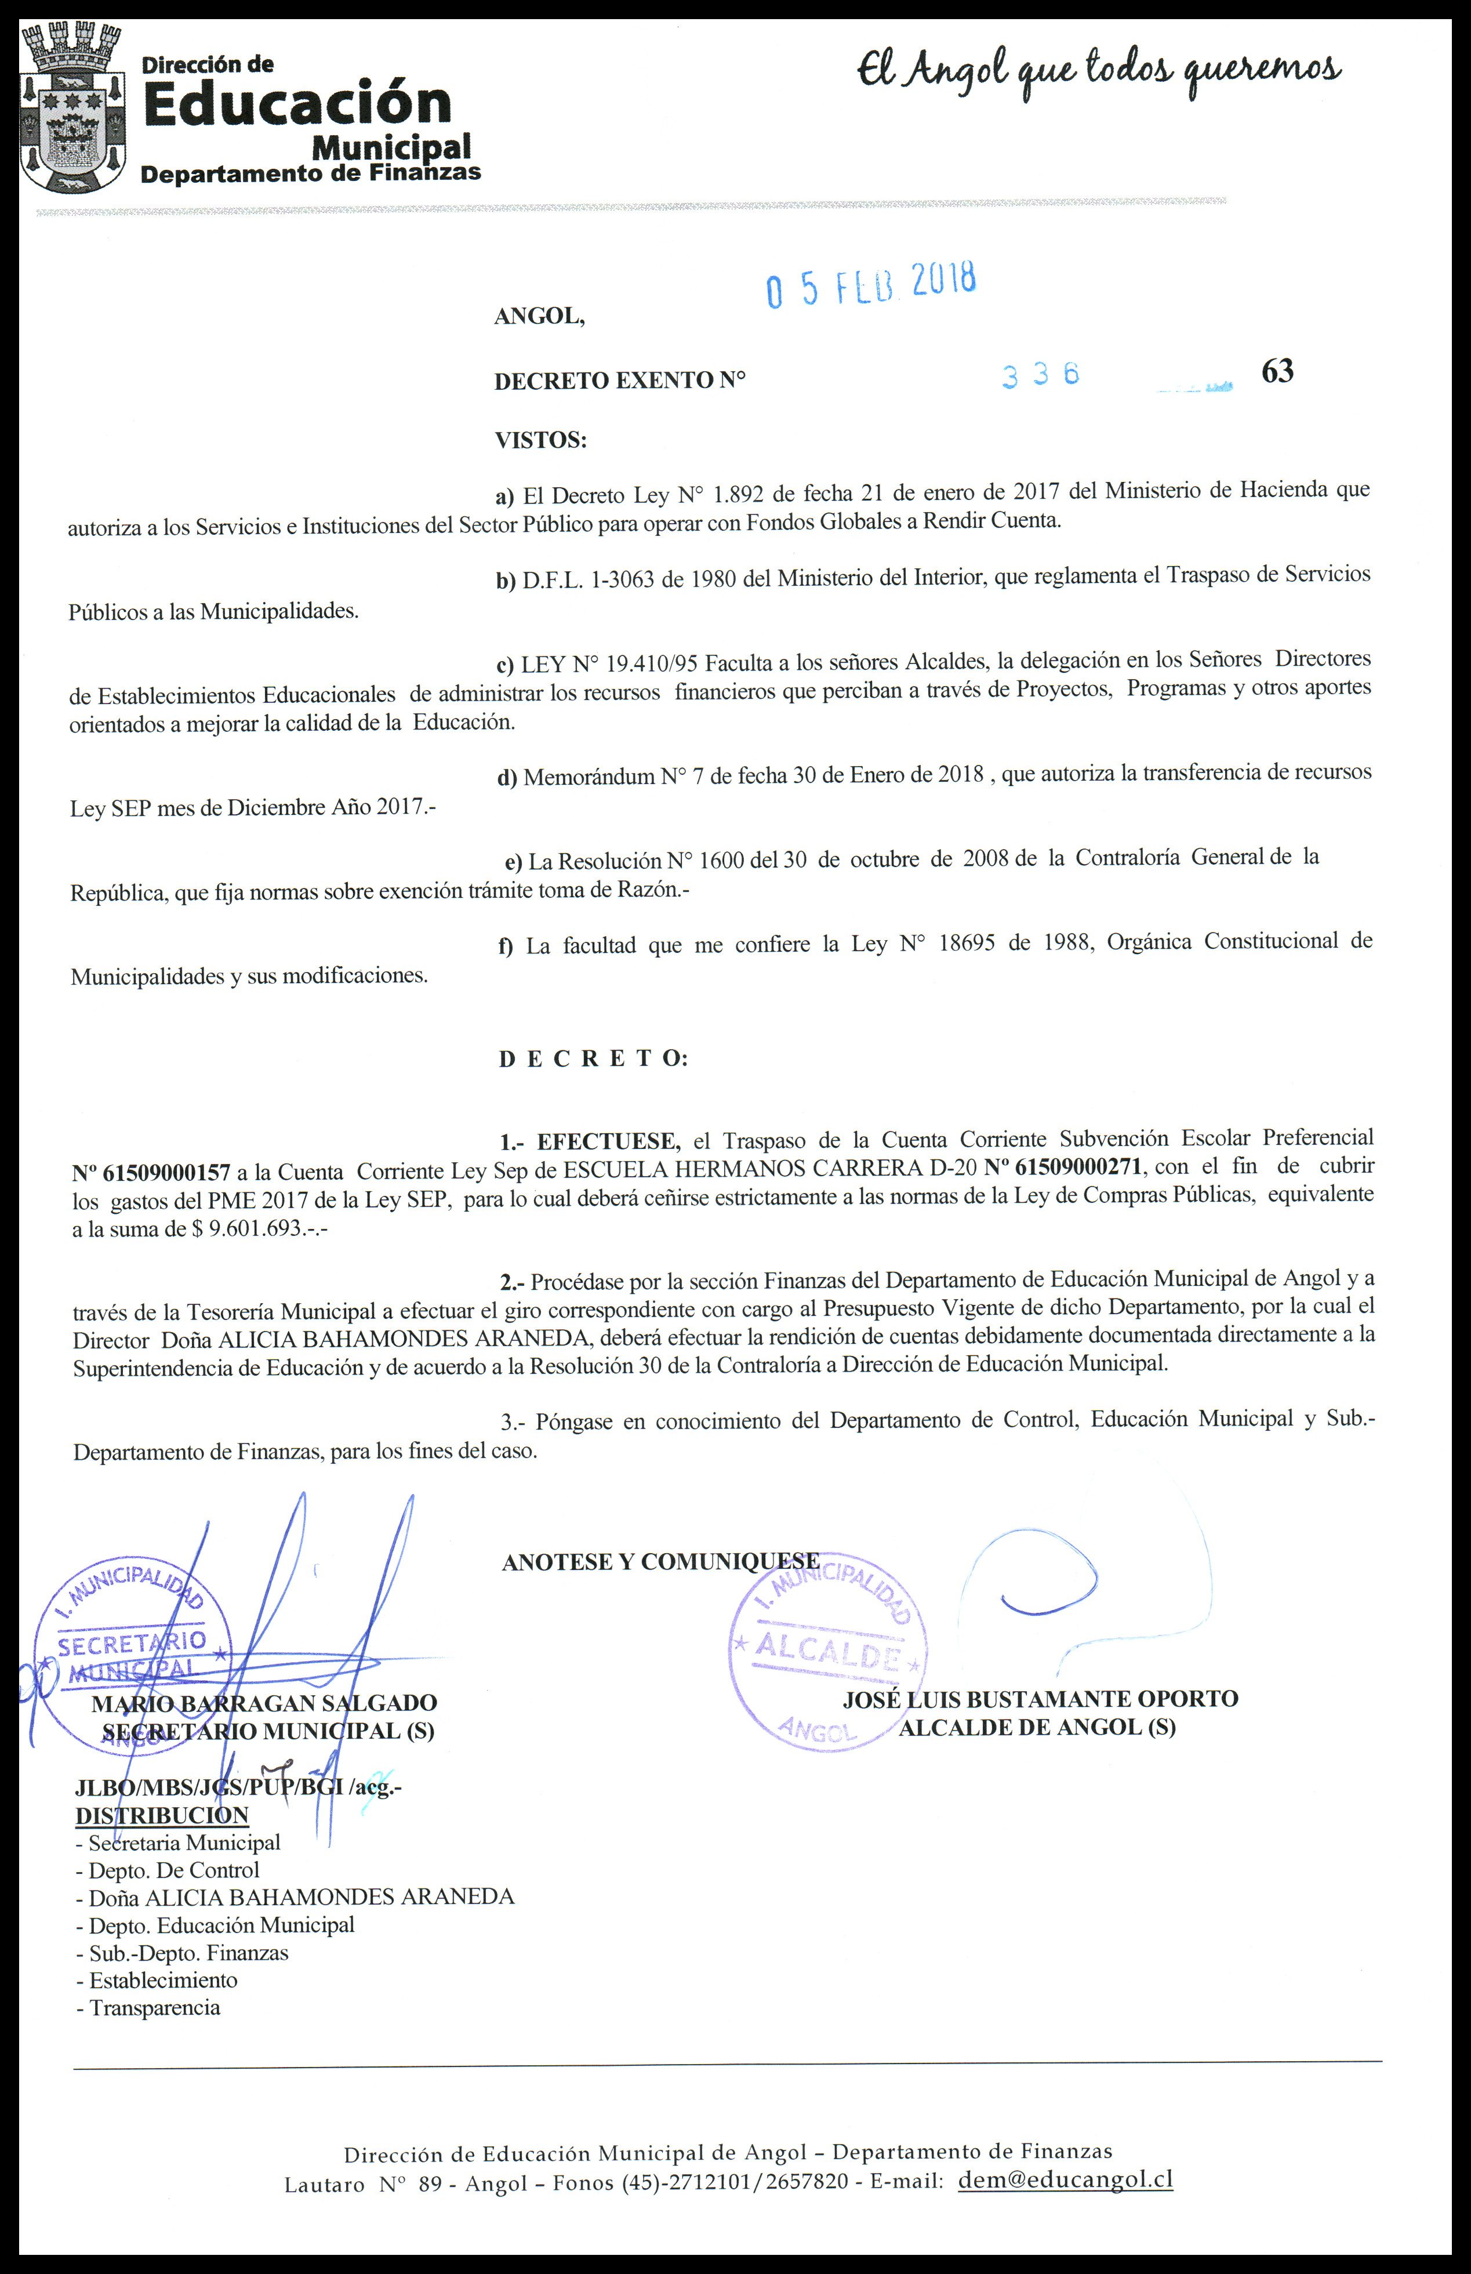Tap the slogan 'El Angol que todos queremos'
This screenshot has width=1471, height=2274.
coord(1099,72)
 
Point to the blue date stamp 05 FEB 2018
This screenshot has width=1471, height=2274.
coord(870,284)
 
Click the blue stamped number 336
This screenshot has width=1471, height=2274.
coord(1040,375)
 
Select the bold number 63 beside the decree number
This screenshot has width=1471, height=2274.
coord(1277,371)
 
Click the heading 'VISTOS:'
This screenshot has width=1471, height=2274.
coord(540,440)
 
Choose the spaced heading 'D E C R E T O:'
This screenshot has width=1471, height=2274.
coord(592,1058)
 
